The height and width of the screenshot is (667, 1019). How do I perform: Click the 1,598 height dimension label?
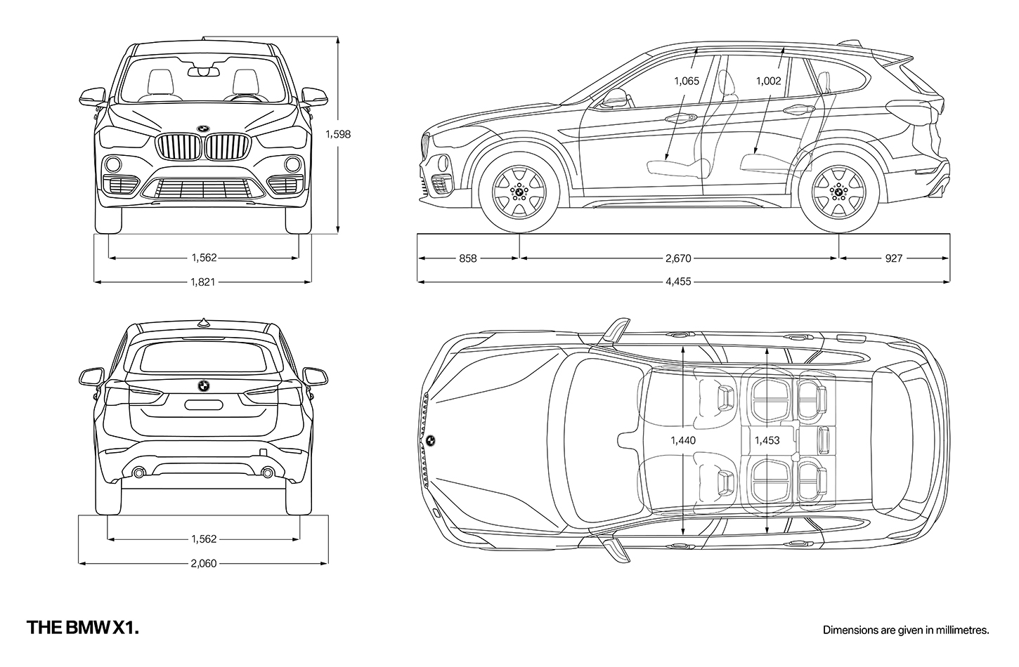(x=338, y=134)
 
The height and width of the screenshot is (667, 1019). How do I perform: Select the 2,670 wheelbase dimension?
(x=678, y=258)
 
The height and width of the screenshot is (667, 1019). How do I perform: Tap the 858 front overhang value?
(x=467, y=258)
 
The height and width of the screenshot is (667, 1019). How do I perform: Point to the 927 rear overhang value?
(x=893, y=258)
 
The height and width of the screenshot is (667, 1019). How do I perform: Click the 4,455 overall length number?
(x=678, y=282)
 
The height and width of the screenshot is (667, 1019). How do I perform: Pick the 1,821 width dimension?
(x=203, y=282)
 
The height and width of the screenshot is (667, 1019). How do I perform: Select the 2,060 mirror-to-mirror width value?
(x=204, y=563)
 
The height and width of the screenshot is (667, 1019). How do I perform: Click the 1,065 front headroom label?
(x=687, y=81)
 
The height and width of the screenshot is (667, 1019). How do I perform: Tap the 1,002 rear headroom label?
(x=768, y=81)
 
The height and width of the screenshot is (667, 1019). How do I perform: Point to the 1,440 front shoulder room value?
(x=683, y=440)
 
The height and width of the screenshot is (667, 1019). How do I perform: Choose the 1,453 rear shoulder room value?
(x=767, y=440)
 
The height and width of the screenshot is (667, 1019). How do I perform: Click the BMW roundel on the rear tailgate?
(x=203, y=385)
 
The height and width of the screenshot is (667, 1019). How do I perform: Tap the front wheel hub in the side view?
(x=519, y=192)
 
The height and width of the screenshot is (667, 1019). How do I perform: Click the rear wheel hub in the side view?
(x=839, y=192)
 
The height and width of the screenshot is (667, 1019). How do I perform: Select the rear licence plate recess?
(x=203, y=405)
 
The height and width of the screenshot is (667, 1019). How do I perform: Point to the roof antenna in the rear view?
(x=204, y=322)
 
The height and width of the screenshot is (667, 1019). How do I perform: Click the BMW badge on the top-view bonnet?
(x=430, y=440)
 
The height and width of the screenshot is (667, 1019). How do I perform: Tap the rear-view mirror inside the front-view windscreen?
(x=204, y=72)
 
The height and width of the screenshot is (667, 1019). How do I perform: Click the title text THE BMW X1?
(x=83, y=628)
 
